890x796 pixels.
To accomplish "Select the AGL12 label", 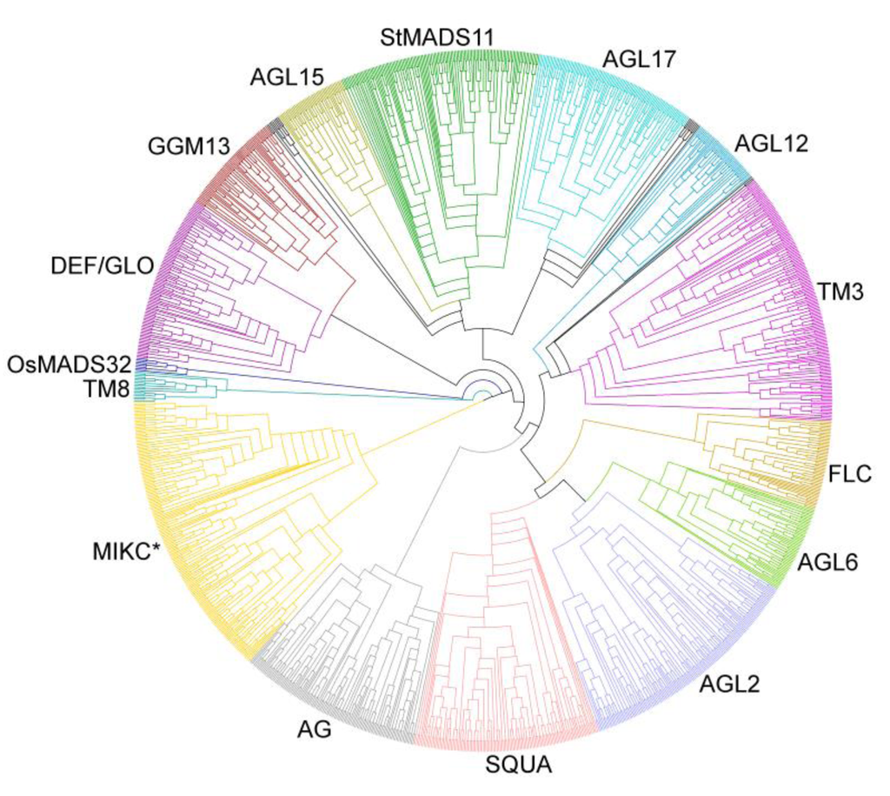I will point(771,142).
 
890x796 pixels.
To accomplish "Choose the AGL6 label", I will point(827,563).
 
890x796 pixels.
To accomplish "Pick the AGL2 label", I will point(729,685).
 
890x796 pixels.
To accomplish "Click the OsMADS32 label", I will point(70,363).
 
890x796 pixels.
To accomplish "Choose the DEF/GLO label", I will point(100,264).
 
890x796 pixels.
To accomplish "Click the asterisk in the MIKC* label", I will point(158,548).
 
